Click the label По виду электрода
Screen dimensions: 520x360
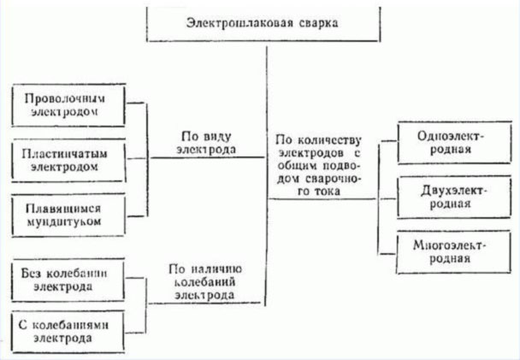(206, 143)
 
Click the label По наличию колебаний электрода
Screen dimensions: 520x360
(205, 282)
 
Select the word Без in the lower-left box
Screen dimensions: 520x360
(31, 273)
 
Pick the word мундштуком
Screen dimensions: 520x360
(63, 221)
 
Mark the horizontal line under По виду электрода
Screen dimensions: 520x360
(208, 157)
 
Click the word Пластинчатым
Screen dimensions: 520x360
(65, 154)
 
